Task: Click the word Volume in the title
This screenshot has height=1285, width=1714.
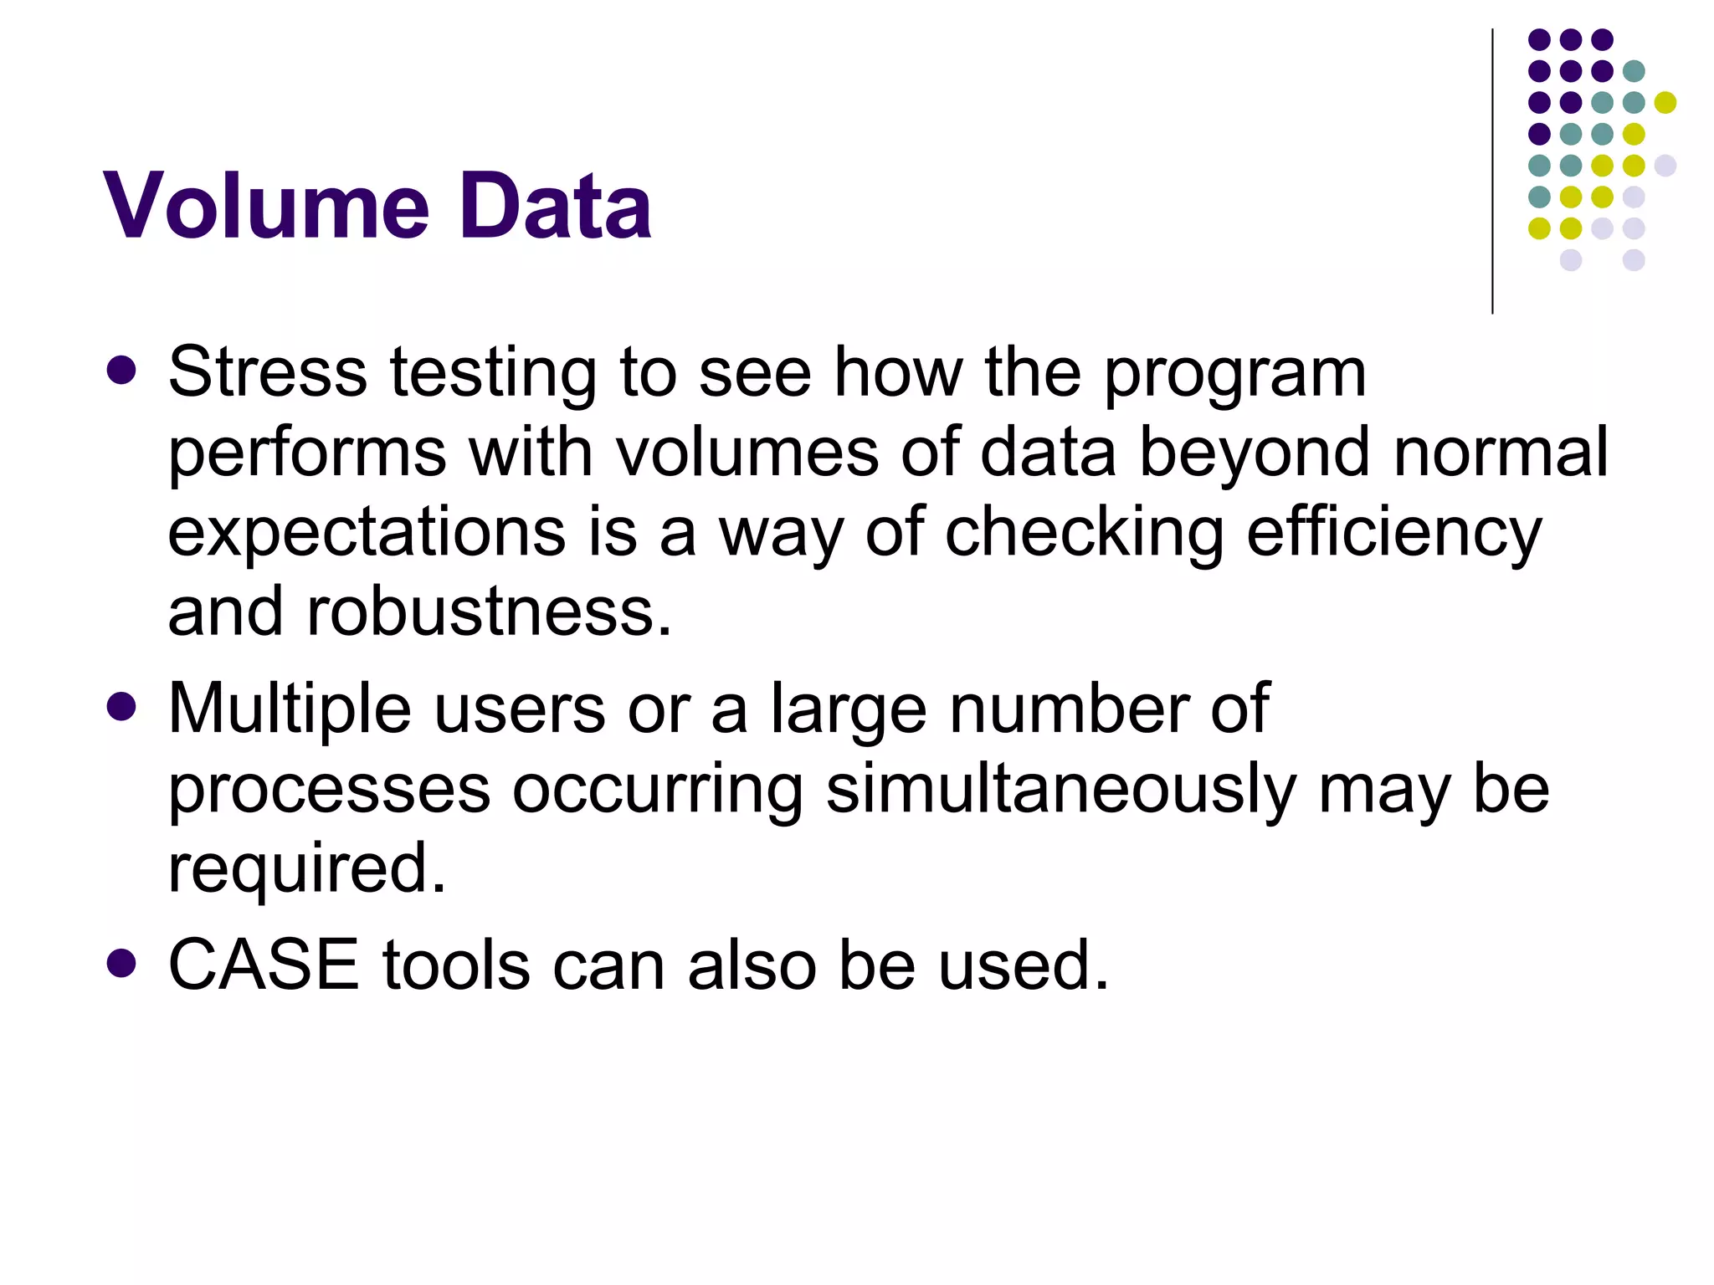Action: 266,206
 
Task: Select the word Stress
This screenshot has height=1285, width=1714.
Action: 267,372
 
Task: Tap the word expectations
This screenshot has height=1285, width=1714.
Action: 367,533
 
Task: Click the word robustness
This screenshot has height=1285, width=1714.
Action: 490,612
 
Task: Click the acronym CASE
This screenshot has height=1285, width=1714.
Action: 264,965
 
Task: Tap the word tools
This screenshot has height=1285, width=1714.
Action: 456,965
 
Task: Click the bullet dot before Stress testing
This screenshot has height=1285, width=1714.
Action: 122,371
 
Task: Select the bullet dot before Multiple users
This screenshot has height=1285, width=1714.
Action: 122,707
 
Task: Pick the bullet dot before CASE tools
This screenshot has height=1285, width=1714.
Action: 122,963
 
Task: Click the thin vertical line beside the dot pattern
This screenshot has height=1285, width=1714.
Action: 1492,172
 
